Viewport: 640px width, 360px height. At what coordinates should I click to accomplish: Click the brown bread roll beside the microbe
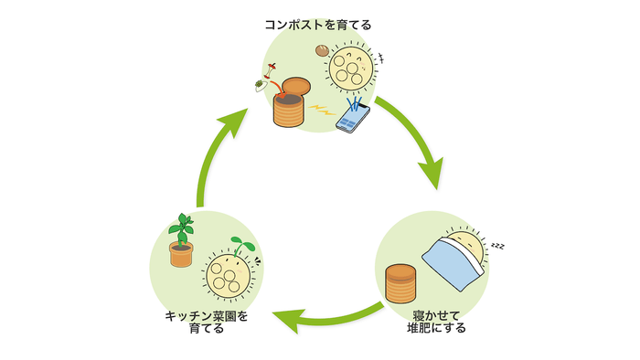point(322,52)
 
